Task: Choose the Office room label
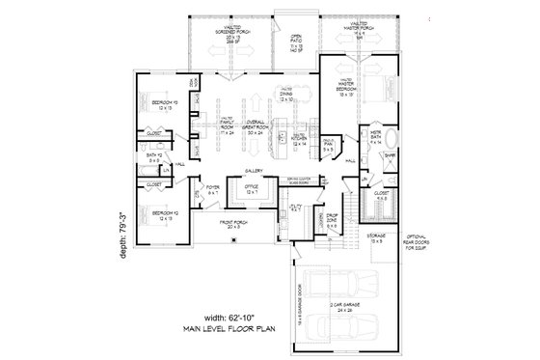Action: pyautogui.click(x=251, y=190)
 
